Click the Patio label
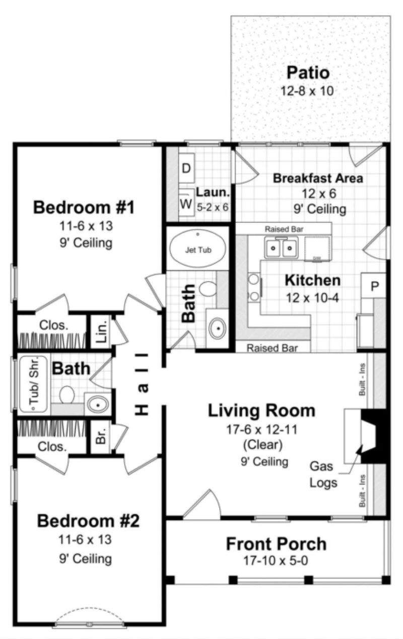(308, 72)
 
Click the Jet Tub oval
(197, 249)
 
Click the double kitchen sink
(281, 248)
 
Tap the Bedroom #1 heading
(84, 207)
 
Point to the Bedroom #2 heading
(88, 521)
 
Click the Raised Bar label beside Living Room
(273, 348)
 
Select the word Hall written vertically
(143, 384)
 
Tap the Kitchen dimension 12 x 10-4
(312, 297)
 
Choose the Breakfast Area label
(317, 178)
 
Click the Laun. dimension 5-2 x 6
(213, 205)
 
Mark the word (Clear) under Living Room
(262, 444)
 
